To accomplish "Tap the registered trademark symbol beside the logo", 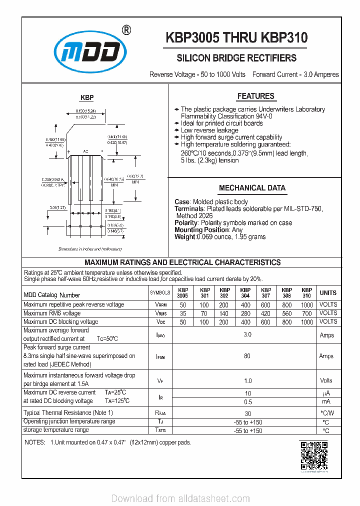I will pyautogui.click(x=127, y=30).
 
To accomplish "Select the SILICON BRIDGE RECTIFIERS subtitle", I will pyautogui.click(x=236, y=58).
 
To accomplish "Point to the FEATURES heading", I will pyautogui.click(x=255, y=96).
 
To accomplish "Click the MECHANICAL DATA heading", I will pyautogui.click(x=252, y=188).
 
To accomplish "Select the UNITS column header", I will pyautogui.click(x=328, y=293).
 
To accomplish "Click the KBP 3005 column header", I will pyautogui.click(x=183, y=293).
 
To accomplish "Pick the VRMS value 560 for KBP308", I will pyautogui.click(x=286, y=313).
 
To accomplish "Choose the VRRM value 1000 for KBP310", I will pyautogui.click(x=307, y=304).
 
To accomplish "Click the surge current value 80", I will pyautogui.click(x=247, y=356).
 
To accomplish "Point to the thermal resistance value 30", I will pyautogui.click(x=247, y=413).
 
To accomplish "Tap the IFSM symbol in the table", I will pyautogui.click(x=160, y=356).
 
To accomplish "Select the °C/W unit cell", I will pyautogui.click(x=326, y=413).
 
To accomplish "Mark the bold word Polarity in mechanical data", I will pyautogui.click(x=186, y=222).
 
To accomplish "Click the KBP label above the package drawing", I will pyautogui.click(x=87, y=98).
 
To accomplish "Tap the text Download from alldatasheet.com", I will pyautogui.click(x=180, y=498).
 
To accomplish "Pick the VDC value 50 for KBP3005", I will pyautogui.click(x=183, y=322).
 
